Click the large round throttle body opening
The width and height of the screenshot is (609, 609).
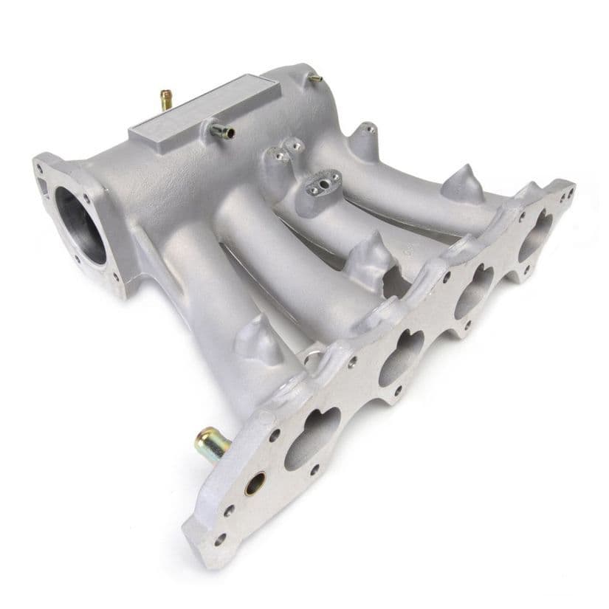click(79, 225)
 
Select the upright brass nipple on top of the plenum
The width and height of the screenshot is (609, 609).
click(166, 99)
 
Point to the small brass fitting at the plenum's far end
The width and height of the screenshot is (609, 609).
click(315, 77)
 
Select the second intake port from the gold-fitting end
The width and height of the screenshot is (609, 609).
click(401, 358)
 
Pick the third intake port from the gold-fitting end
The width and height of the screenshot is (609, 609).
click(473, 289)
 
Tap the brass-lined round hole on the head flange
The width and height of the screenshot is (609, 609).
click(255, 484)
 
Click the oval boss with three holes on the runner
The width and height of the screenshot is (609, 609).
click(323, 182)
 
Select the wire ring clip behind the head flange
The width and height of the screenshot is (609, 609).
click(314, 359)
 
